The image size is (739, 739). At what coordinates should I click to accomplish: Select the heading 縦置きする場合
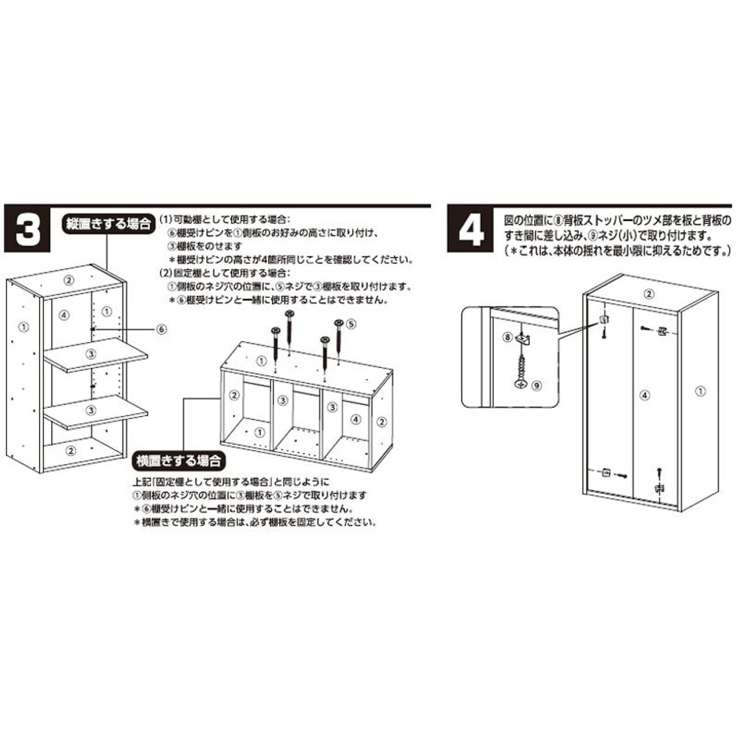click(106, 222)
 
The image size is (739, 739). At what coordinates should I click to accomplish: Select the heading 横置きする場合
click(178, 461)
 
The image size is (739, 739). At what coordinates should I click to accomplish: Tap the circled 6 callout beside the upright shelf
click(162, 328)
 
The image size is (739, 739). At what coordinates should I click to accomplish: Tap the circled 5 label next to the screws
click(351, 323)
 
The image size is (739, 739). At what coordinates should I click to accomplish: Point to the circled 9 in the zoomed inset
click(537, 385)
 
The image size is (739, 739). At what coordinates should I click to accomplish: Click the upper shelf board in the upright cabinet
click(95, 354)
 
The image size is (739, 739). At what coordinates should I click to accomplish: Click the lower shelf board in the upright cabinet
click(95, 410)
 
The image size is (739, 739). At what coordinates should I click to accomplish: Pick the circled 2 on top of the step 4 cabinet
click(648, 294)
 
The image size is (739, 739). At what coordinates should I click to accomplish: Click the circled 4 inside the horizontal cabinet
click(356, 419)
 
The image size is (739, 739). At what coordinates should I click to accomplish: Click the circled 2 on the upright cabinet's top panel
click(68, 279)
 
